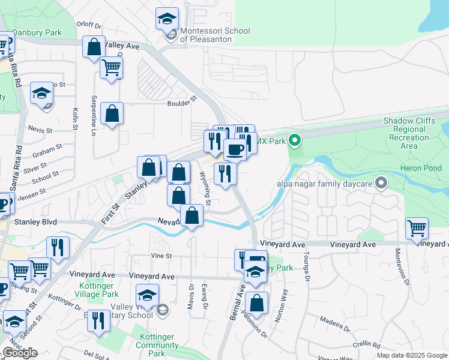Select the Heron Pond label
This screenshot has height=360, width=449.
click(424, 169)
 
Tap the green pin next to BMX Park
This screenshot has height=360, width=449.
click(294, 141)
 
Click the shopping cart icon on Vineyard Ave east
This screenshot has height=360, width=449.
click(417, 228)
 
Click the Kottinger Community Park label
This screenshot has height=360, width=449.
click(157, 346)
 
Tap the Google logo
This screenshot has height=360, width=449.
click(20, 353)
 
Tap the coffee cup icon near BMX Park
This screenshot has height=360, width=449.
click(235, 149)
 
